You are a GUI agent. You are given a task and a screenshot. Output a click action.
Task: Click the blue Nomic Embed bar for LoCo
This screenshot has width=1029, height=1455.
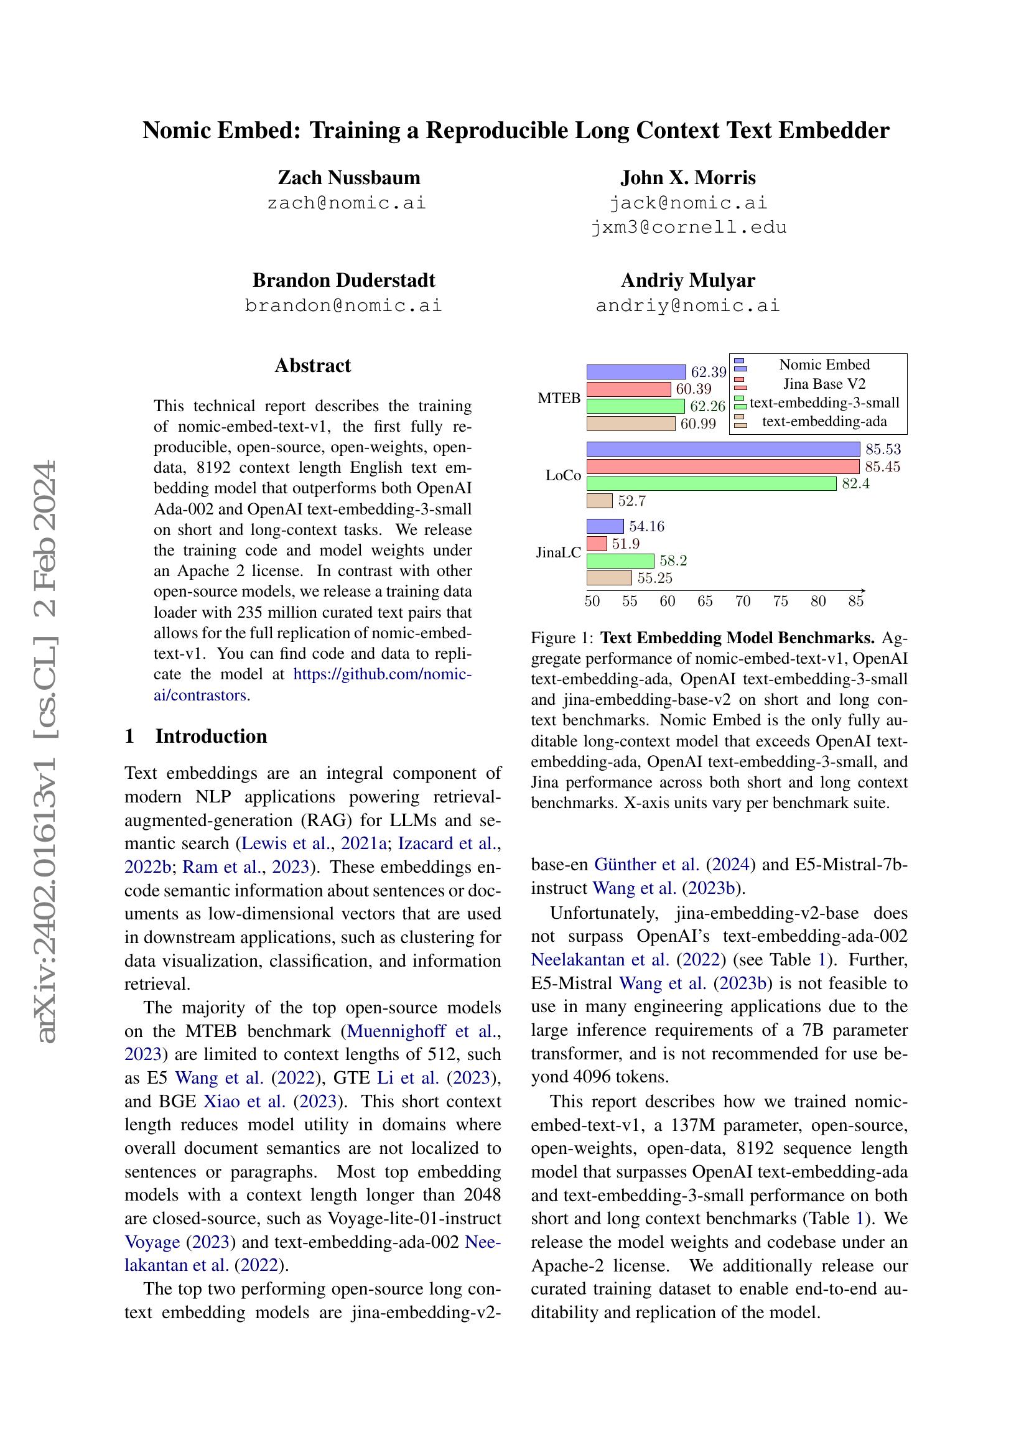[x=722, y=449]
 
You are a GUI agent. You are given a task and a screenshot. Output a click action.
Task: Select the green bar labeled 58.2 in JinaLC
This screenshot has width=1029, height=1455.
[x=620, y=561]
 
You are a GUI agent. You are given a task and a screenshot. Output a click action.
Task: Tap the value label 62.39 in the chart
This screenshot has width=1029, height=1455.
[x=708, y=372]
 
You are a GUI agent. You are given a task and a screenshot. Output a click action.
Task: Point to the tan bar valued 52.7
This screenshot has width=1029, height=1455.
[x=598, y=501]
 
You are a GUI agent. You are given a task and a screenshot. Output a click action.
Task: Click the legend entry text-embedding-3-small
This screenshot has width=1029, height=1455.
[x=824, y=403]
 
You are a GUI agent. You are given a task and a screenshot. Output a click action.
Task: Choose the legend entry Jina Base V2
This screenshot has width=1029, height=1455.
[x=824, y=384]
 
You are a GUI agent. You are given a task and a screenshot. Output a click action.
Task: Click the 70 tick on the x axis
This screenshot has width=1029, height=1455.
[x=743, y=601]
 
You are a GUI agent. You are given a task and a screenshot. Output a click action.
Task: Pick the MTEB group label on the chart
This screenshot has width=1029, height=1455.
[x=559, y=398]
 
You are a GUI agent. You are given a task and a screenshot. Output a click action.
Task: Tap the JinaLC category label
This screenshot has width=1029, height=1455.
[x=558, y=552]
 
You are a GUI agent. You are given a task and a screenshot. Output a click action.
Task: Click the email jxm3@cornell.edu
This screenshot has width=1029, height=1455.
[x=688, y=228]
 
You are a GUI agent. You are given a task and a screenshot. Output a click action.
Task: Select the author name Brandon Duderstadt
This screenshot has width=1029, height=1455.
[x=343, y=280]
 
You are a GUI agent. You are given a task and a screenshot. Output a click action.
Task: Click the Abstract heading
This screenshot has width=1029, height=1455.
[x=312, y=366]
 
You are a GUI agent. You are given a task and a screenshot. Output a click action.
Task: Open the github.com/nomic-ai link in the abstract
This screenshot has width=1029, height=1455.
[x=382, y=674]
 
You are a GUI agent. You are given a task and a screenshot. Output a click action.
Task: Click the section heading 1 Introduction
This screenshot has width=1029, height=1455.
[x=196, y=736]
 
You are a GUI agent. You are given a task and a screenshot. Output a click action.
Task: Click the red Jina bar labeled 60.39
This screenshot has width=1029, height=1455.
[x=628, y=389]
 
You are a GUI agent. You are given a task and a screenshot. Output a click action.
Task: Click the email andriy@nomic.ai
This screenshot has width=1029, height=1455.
[x=687, y=305]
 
